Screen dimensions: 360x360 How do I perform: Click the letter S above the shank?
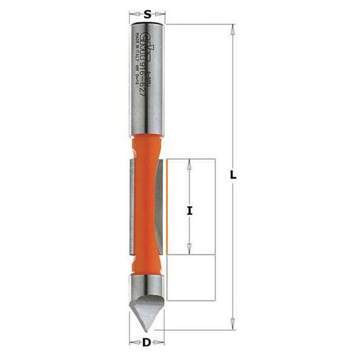(x=147, y=12)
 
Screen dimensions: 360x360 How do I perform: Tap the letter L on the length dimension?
(x=234, y=176)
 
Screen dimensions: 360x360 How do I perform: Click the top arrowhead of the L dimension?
(x=232, y=27)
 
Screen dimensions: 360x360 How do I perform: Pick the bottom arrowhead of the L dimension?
(x=232, y=326)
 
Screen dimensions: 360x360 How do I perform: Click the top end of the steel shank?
(x=147, y=23)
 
